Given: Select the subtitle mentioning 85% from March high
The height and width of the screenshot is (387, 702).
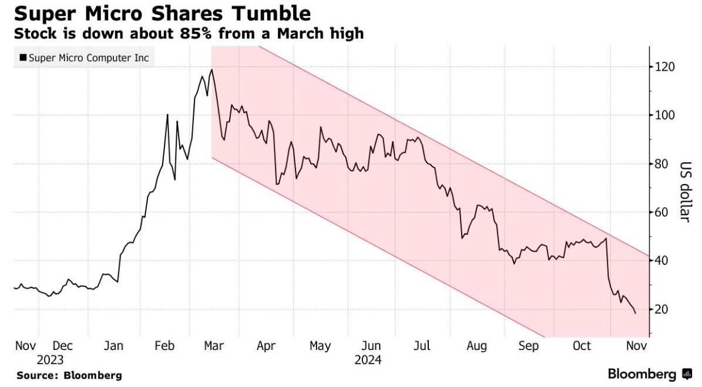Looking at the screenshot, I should click(x=189, y=34).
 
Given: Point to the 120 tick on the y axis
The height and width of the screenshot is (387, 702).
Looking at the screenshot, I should click(x=666, y=67).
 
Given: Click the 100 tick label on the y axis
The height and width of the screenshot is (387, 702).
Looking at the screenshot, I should click(x=666, y=115).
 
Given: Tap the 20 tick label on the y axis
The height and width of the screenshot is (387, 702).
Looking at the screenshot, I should click(x=664, y=309).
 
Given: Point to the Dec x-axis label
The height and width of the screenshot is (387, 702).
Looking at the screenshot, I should click(x=62, y=346).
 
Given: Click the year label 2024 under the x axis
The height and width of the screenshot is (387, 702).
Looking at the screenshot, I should click(x=368, y=359).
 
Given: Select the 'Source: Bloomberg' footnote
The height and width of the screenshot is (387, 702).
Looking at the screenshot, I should click(x=69, y=375).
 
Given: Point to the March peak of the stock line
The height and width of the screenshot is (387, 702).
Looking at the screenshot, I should click(x=211, y=69).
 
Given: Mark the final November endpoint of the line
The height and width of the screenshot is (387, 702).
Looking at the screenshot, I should click(x=635, y=313).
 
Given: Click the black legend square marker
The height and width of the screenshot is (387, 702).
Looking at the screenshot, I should click(x=23, y=58).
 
